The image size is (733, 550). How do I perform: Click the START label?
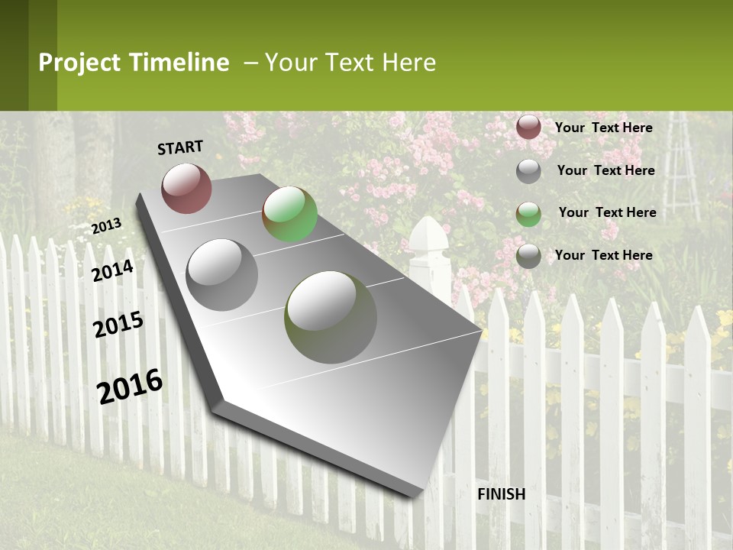(180, 147)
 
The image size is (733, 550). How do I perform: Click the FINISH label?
(501, 494)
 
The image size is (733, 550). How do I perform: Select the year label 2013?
(106, 225)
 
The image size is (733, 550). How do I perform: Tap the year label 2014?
(113, 270)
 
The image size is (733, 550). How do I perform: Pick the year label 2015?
(118, 325)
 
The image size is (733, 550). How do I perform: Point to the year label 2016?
(131, 386)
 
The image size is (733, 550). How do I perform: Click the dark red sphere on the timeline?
(186, 188)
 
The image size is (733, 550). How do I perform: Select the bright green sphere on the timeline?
(289, 214)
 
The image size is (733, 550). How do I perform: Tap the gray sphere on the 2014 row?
(222, 274)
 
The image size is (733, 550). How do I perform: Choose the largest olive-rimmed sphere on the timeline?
(330, 316)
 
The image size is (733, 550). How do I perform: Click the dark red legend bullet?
(528, 128)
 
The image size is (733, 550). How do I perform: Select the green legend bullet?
(528, 213)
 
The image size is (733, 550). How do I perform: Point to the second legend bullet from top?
(528, 171)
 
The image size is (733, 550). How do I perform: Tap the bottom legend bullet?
(528, 256)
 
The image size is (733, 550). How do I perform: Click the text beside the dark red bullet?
(603, 128)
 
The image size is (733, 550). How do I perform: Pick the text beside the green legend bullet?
(607, 212)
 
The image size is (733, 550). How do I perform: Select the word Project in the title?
(79, 63)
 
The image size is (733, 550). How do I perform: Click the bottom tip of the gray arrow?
(415, 496)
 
